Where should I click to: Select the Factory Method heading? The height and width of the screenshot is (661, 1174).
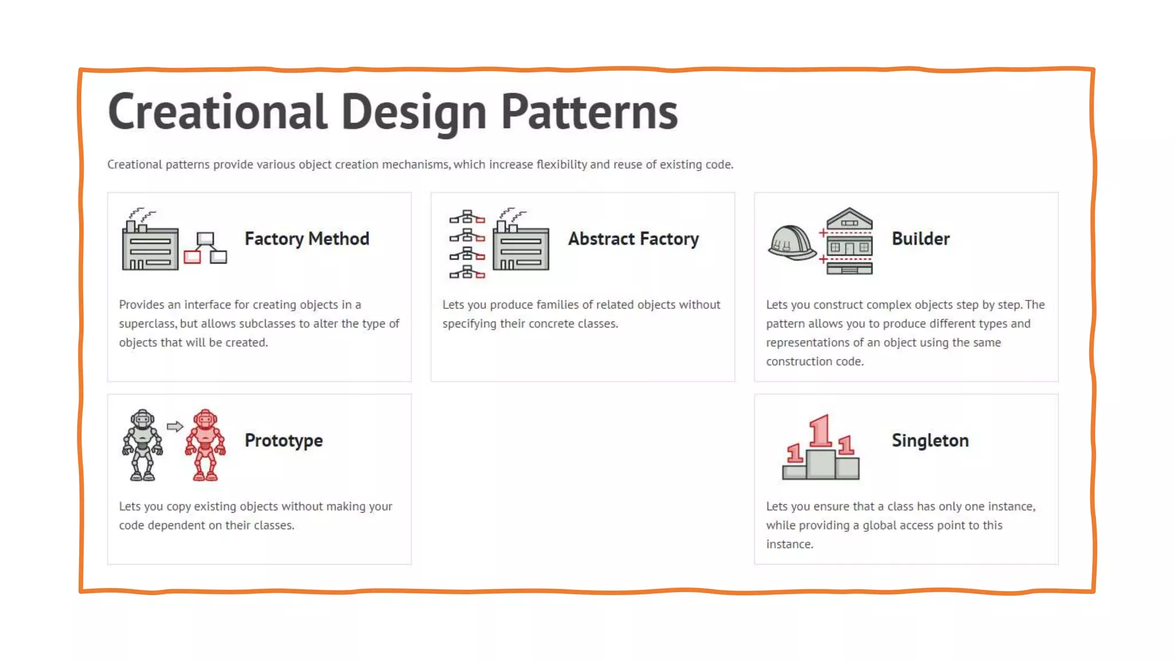307,239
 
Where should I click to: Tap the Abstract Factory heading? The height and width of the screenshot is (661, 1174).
633,239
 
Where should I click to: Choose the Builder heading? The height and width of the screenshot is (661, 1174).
921,239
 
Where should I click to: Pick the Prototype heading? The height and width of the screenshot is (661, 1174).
283,441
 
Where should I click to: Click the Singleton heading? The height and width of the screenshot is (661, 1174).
930,441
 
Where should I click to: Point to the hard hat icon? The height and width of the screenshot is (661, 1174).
791,243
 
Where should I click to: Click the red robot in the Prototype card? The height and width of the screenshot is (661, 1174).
205,445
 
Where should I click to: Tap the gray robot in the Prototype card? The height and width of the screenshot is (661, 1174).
142,445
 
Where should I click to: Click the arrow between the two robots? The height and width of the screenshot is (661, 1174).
175,426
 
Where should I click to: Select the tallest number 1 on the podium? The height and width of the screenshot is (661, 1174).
821,431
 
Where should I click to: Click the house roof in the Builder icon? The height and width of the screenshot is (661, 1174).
849,218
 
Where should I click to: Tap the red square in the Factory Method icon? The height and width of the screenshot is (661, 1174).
192,256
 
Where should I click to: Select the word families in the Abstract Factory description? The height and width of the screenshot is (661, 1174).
557,305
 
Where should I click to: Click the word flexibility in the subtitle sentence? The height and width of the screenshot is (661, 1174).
561,165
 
